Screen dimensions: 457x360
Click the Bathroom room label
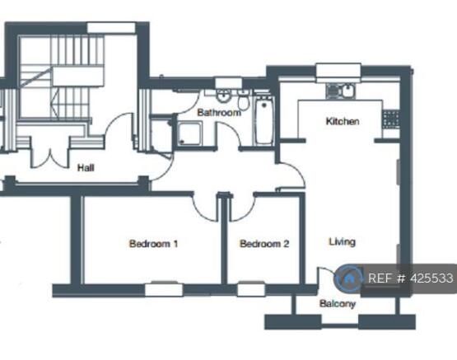point(219,113)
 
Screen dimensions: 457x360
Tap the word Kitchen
point(343,121)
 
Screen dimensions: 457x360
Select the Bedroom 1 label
point(154,244)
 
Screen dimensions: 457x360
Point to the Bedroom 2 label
point(264,244)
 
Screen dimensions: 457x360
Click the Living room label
point(343,242)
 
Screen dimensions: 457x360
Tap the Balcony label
point(338,304)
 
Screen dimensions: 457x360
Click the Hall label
point(86,167)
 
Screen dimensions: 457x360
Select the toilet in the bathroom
point(243,100)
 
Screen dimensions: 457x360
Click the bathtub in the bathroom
point(263,120)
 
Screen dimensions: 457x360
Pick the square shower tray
point(189,133)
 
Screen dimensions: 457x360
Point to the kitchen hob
point(390,119)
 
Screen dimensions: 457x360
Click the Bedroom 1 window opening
point(164,289)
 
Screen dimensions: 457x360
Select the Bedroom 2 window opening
point(251,289)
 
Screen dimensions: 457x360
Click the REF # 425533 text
point(411,278)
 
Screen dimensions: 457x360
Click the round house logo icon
point(349,278)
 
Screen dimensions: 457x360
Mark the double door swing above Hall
point(50,159)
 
